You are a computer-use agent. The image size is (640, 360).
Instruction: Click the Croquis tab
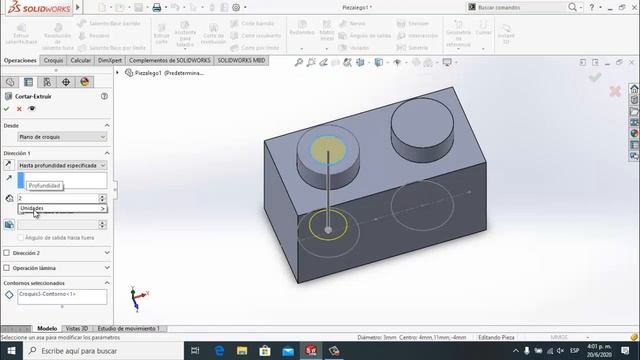[x=53, y=60]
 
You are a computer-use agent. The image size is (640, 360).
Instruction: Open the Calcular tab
[x=81, y=60]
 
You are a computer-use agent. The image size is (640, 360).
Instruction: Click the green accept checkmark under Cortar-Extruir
[x=7, y=108]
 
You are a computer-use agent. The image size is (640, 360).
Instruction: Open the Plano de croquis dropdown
[x=61, y=136]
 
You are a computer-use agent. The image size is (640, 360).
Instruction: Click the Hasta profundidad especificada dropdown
[x=61, y=165]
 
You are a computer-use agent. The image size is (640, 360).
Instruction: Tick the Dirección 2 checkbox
[x=7, y=253]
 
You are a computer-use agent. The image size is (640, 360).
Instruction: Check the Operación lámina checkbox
[x=7, y=268]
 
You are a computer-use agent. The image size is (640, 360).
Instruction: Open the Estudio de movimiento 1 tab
[x=128, y=328]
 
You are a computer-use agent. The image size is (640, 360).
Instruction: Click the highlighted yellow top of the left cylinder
[x=328, y=149]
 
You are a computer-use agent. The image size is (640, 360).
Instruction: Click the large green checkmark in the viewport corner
[x=596, y=77]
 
